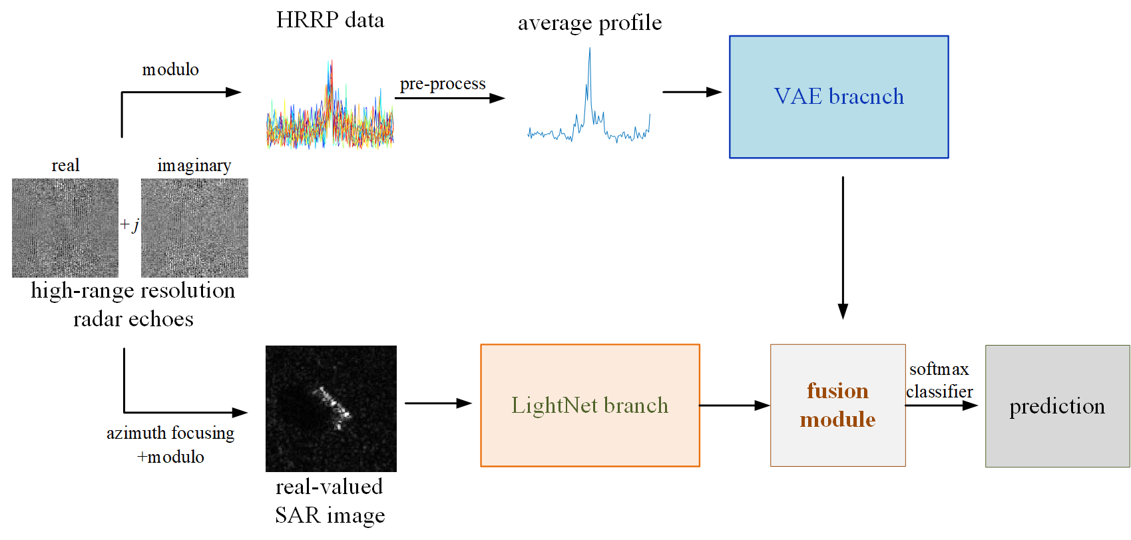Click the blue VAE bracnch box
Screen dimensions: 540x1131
(x=839, y=97)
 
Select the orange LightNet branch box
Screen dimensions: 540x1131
(x=590, y=405)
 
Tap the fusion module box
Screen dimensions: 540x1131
(x=837, y=405)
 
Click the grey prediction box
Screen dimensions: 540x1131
(x=1057, y=406)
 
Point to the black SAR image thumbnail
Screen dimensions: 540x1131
(x=331, y=408)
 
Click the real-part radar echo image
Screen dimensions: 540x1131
(x=65, y=228)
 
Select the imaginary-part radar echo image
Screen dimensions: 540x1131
(x=194, y=228)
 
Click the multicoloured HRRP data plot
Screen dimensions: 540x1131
(x=330, y=113)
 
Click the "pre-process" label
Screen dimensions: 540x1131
(x=443, y=84)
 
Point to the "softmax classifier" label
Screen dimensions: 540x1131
(x=939, y=380)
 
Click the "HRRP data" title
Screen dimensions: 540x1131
(x=330, y=20)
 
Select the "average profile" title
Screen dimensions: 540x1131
(x=590, y=23)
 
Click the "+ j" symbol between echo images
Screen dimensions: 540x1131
(x=130, y=225)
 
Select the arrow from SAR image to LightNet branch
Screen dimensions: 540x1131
(x=438, y=403)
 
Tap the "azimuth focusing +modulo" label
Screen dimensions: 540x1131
(x=170, y=445)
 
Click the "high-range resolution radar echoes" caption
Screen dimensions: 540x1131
(x=133, y=304)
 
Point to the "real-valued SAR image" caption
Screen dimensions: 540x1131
(x=330, y=501)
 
